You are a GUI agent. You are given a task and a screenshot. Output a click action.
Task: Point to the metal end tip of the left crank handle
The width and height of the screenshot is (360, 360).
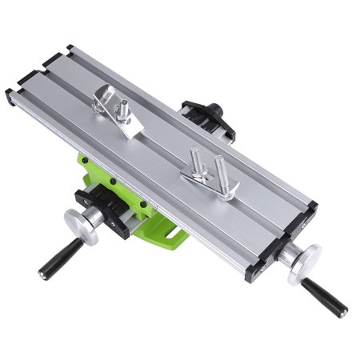tap(42, 274)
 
